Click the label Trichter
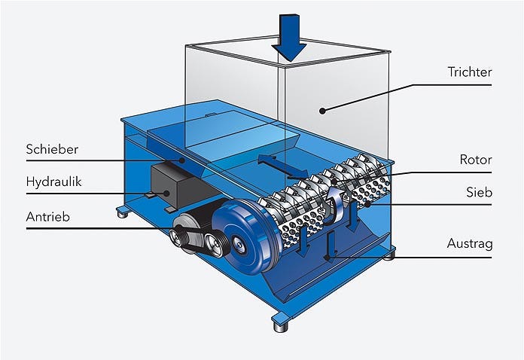tap(470, 72)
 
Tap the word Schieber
tap(52, 149)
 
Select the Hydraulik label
tap(53, 182)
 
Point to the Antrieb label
tap(47, 217)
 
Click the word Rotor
tap(476, 160)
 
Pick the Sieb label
tap(480, 192)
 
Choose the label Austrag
tap(470, 244)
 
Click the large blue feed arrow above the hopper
tap(289, 37)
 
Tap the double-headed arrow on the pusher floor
tap(283, 166)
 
